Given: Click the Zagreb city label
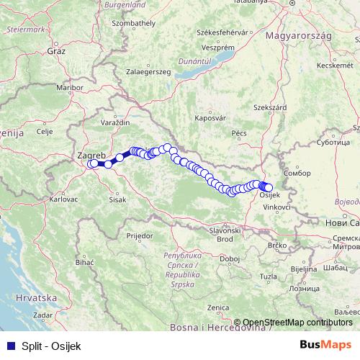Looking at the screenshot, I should pyautogui.click(x=91, y=155).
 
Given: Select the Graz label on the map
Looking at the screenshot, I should pyautogui.click(x=56, y=51).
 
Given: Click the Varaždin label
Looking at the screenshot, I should pyautogui.click(x=114, y=123).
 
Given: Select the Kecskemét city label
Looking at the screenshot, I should pyautogui.click(x=333, y=66).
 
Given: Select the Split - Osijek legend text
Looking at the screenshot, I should pyautogui.click(x=51, y=345).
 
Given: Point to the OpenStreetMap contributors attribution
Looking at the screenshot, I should pyautogui.click(x=298, y=322).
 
